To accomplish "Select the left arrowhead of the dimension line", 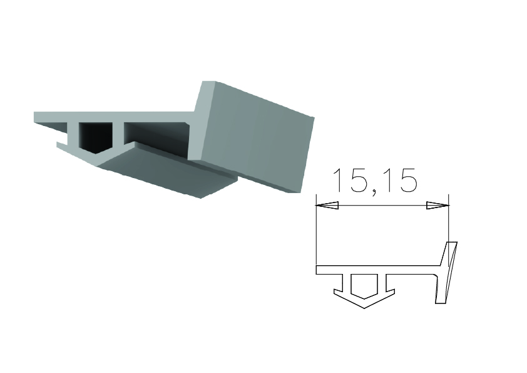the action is tap(327, 206).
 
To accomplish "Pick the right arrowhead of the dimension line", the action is tap(437, 206).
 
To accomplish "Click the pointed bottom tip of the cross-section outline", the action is tap(364, 308).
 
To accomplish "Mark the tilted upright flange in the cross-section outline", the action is tap(446, 273).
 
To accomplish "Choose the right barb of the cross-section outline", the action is tap(390, 291).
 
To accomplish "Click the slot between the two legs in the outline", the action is tap(364, 286).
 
